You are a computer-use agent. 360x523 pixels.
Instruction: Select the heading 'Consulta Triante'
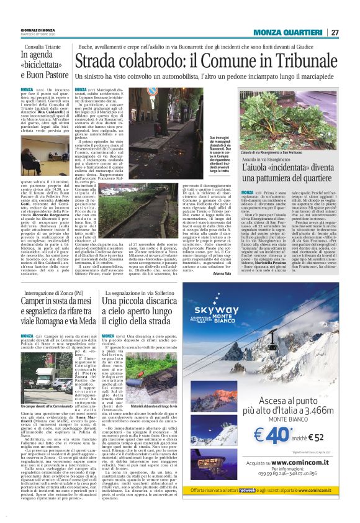point(42,47)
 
